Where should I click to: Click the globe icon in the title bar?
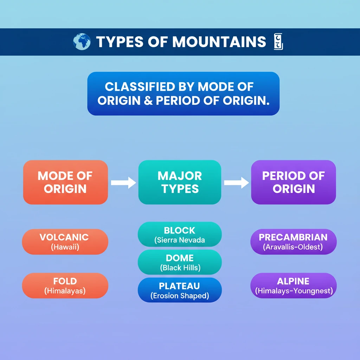pyautogui.click(x=82, y=41)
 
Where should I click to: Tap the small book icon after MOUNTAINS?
pyautogui.click(x=278, y=41)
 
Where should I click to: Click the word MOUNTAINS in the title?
pyautogui.click(x=219, y=42)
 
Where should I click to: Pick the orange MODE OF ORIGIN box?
pyautogui.click(x=65, y=182)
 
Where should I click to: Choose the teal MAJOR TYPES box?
pyautogui.click(x=180, y=182)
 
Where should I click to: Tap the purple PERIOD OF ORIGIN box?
pyautogui.click(x=293, y=182)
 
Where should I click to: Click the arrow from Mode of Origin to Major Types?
pyautogui.click(x=123, y=182)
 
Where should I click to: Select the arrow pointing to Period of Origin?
pyautogui.click(x=236, y=182)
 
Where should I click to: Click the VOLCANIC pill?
pyautogui.click(x=65, y=242)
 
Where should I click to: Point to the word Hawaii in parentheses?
pyautogui.click(x=65, y=247)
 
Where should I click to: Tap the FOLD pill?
pyautogui.click(x=65, y=285)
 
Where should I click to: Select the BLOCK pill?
pyautogui.click(x=180, y=234)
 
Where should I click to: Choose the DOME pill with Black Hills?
pyautogui.click(x=180, y=262)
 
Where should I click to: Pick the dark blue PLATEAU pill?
pyautogui.click(x=180, y=290)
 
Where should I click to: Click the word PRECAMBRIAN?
pyautogui.click(x=293, y=237)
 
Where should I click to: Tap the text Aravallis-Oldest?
pyautogui.click(x=293, y=247)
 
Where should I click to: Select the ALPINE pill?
pyautogui.click(x=293, y=285)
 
